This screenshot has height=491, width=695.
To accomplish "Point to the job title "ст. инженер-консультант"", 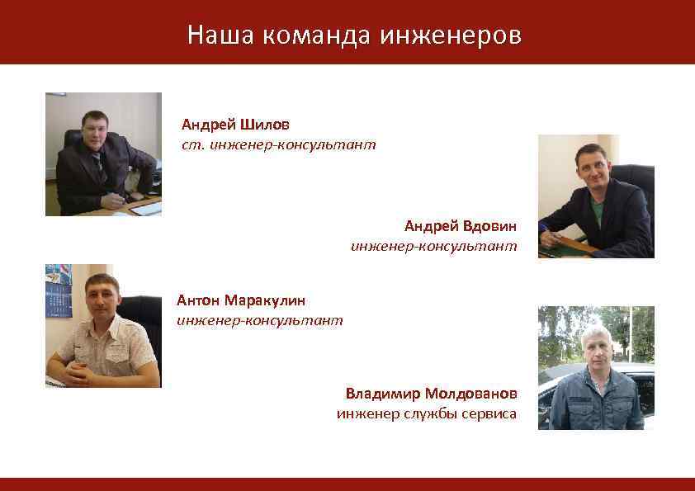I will (x=279, y=144).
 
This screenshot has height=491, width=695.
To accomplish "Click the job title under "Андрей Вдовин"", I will (x=434, y=246).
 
